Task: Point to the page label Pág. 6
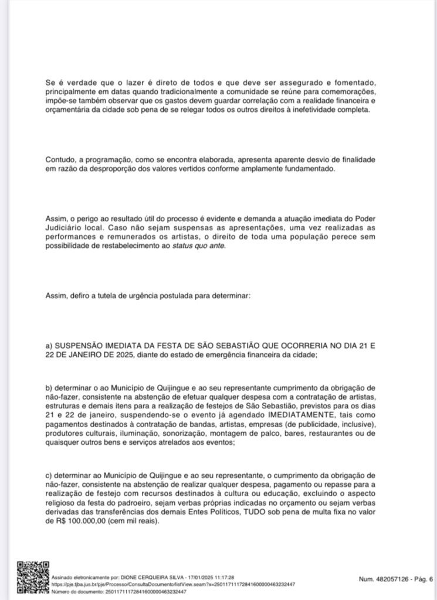pyautogui.click(x=422, y=579)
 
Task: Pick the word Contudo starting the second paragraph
pyautogui.click(x=59, y=160)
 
